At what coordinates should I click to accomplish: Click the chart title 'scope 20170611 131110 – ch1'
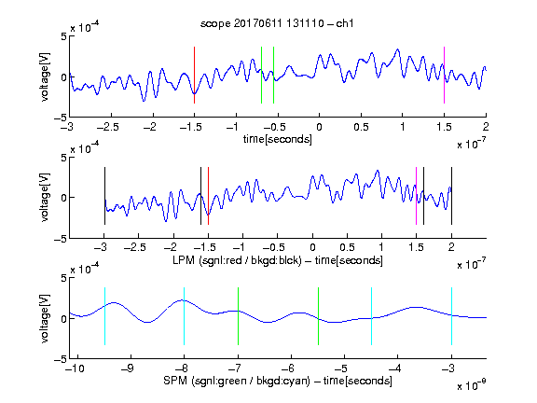pyautogui.click(x=277, y=23)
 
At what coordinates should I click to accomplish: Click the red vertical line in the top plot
pyautogui.click(x=194, y=75)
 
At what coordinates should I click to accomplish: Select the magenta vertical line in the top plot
pyautogui.click(x=444, y=75)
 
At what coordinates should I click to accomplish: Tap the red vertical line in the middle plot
pyautogui.click(x=208, y=196)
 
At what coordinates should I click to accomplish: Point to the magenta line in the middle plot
pyautogui.click(x=416, y=196)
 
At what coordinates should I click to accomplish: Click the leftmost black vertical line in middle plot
pyautogui.click(x=104, y=196)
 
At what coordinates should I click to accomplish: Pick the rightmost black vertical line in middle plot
pyautogui.click(x=451, y=196)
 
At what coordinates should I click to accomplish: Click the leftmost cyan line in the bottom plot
pyautogui.click(x=104, y=316)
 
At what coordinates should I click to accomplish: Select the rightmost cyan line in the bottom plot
pyautogui.click(x=451, y=316)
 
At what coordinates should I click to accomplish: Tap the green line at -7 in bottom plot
pyautogui.click(x=238, y=316)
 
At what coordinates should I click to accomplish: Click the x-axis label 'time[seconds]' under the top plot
pyautogui.click(x=278, y=139)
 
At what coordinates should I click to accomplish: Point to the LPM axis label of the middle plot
pyautogui.click(x=278, y=260)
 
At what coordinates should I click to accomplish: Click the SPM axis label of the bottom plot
pyautogui.click(x=278, y=381)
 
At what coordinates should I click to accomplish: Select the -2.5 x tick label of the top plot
pyautogui.click(x=108, y=127)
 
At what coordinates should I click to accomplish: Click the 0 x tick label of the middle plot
pyautogui.click(x=312, y=247)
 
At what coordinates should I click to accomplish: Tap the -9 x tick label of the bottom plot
pyautogui.click(x=128, y=368)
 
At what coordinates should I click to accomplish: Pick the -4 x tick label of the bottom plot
pyautogui.click(x=394, y=368)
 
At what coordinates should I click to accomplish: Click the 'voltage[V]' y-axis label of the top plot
pyautogui.click(x=45, y=76)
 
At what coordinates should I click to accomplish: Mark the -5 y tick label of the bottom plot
pyautogui.click(x=60, y=359)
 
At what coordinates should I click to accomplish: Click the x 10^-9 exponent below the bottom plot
pyautogui.click(x=472, y=385)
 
